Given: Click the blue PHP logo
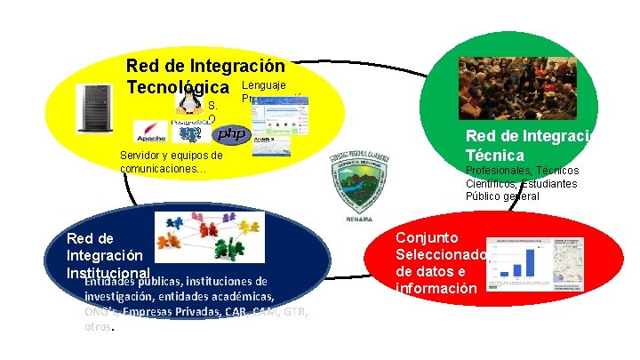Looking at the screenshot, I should click(231, 134).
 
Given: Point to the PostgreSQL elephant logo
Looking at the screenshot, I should click(189, 132).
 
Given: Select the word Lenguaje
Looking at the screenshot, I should click(264, 84).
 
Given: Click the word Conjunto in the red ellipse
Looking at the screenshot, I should click(428, 238).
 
